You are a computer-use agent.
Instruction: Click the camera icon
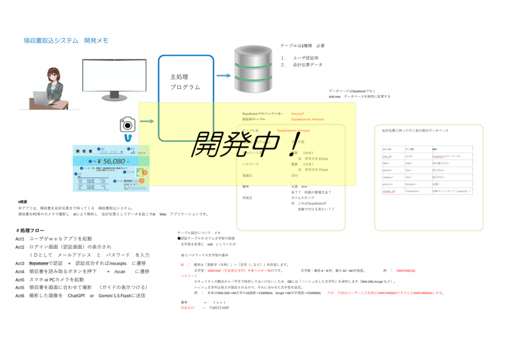pyautogui.click(x=127, y=124)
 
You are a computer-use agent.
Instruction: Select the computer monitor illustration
pyautogui.click(x=115, y=77)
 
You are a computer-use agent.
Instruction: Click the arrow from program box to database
pyautogui.click(x=224, y=76)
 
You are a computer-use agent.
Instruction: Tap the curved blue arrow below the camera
pyautogui.click(x=128, y=137)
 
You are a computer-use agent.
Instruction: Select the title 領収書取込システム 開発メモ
pyautogui.click(x=66, y=40)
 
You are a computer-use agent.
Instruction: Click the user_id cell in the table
pyautogui.click(x=387, y=156)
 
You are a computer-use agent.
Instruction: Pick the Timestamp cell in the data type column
pyautogui.click(x=412, y=191)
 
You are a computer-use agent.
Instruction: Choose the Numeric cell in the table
pyautogui.click(x=410, y=184)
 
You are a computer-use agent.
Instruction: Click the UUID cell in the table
pyautogui.click(x=408, y=156)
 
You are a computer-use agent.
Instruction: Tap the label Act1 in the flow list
pyautogui.click(x=20, y=239)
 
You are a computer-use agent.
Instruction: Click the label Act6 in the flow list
pyautogui.click(x=20, y=296)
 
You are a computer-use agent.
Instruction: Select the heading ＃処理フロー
pyautogui.click(x=30, y=231)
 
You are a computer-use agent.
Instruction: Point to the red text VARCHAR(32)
pyautogui.click(x=406, y=271)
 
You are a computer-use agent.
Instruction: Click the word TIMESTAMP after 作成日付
pyautogui.click(x=219, y=308)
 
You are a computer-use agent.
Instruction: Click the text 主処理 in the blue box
pyautogui.click(x=179, y=77)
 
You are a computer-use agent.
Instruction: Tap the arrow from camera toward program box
pyautogui.click(x=147, y=121)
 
